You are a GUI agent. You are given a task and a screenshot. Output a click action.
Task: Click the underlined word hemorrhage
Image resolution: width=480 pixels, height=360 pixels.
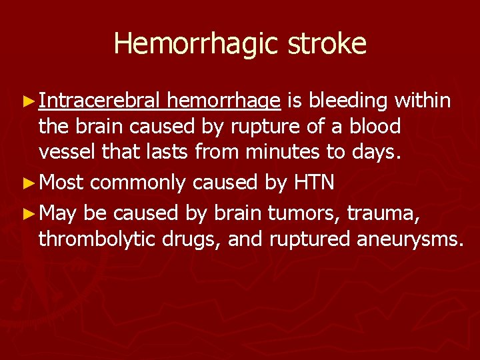pyautogui.click(x=224, y=101)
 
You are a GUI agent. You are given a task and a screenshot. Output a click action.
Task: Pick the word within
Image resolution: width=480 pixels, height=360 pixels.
pyautogui.click(x=423, y=101)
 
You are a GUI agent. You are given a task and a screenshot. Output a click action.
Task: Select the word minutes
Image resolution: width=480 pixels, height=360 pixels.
pyautogui.click(x=273, y=152)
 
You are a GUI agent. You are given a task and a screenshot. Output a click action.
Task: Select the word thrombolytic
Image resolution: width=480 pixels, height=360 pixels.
pyautogui.click(x=99, y=239)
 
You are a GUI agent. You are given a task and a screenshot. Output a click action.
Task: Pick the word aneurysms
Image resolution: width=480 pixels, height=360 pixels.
pyautogui.click(x=413, y=239)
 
